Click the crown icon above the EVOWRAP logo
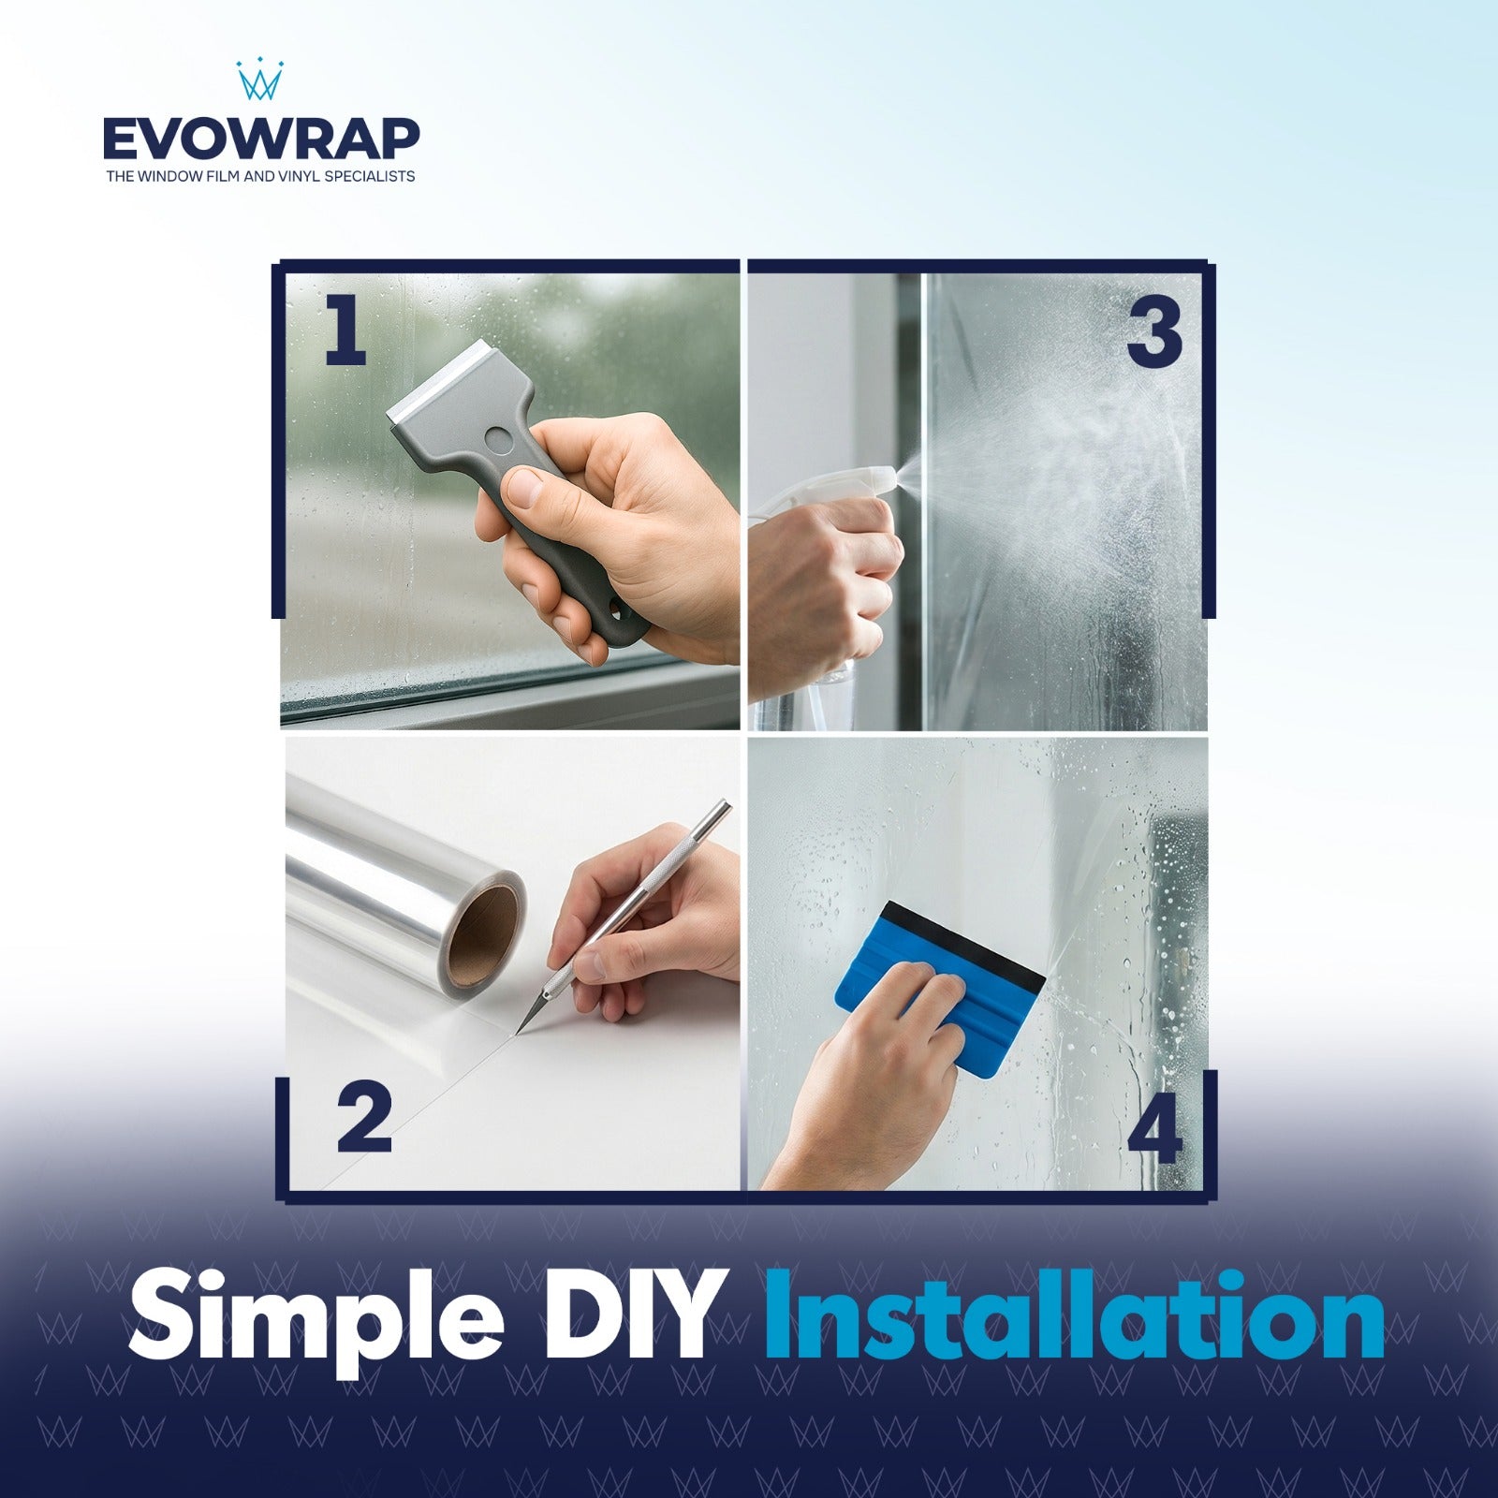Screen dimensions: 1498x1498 coord(260,81)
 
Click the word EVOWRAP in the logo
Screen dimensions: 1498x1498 coord(261,140)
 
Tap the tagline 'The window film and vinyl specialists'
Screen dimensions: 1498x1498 coord(260,176)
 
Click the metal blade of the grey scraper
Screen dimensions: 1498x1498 coord(436,383)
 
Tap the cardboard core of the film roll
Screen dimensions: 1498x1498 coord(485,928)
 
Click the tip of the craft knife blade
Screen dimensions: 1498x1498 coord(515,1034)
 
